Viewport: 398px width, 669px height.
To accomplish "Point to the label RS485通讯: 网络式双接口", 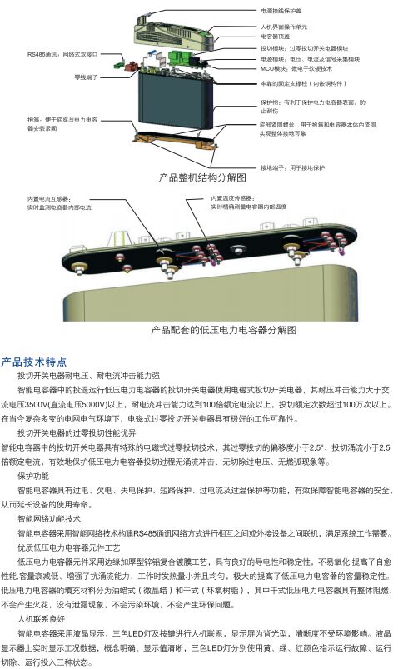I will pos(62,54).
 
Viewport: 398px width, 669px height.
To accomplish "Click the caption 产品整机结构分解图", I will pos(202,178).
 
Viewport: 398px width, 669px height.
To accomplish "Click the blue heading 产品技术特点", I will pos(34,362).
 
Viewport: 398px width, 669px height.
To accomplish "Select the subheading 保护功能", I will pos(33,476).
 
